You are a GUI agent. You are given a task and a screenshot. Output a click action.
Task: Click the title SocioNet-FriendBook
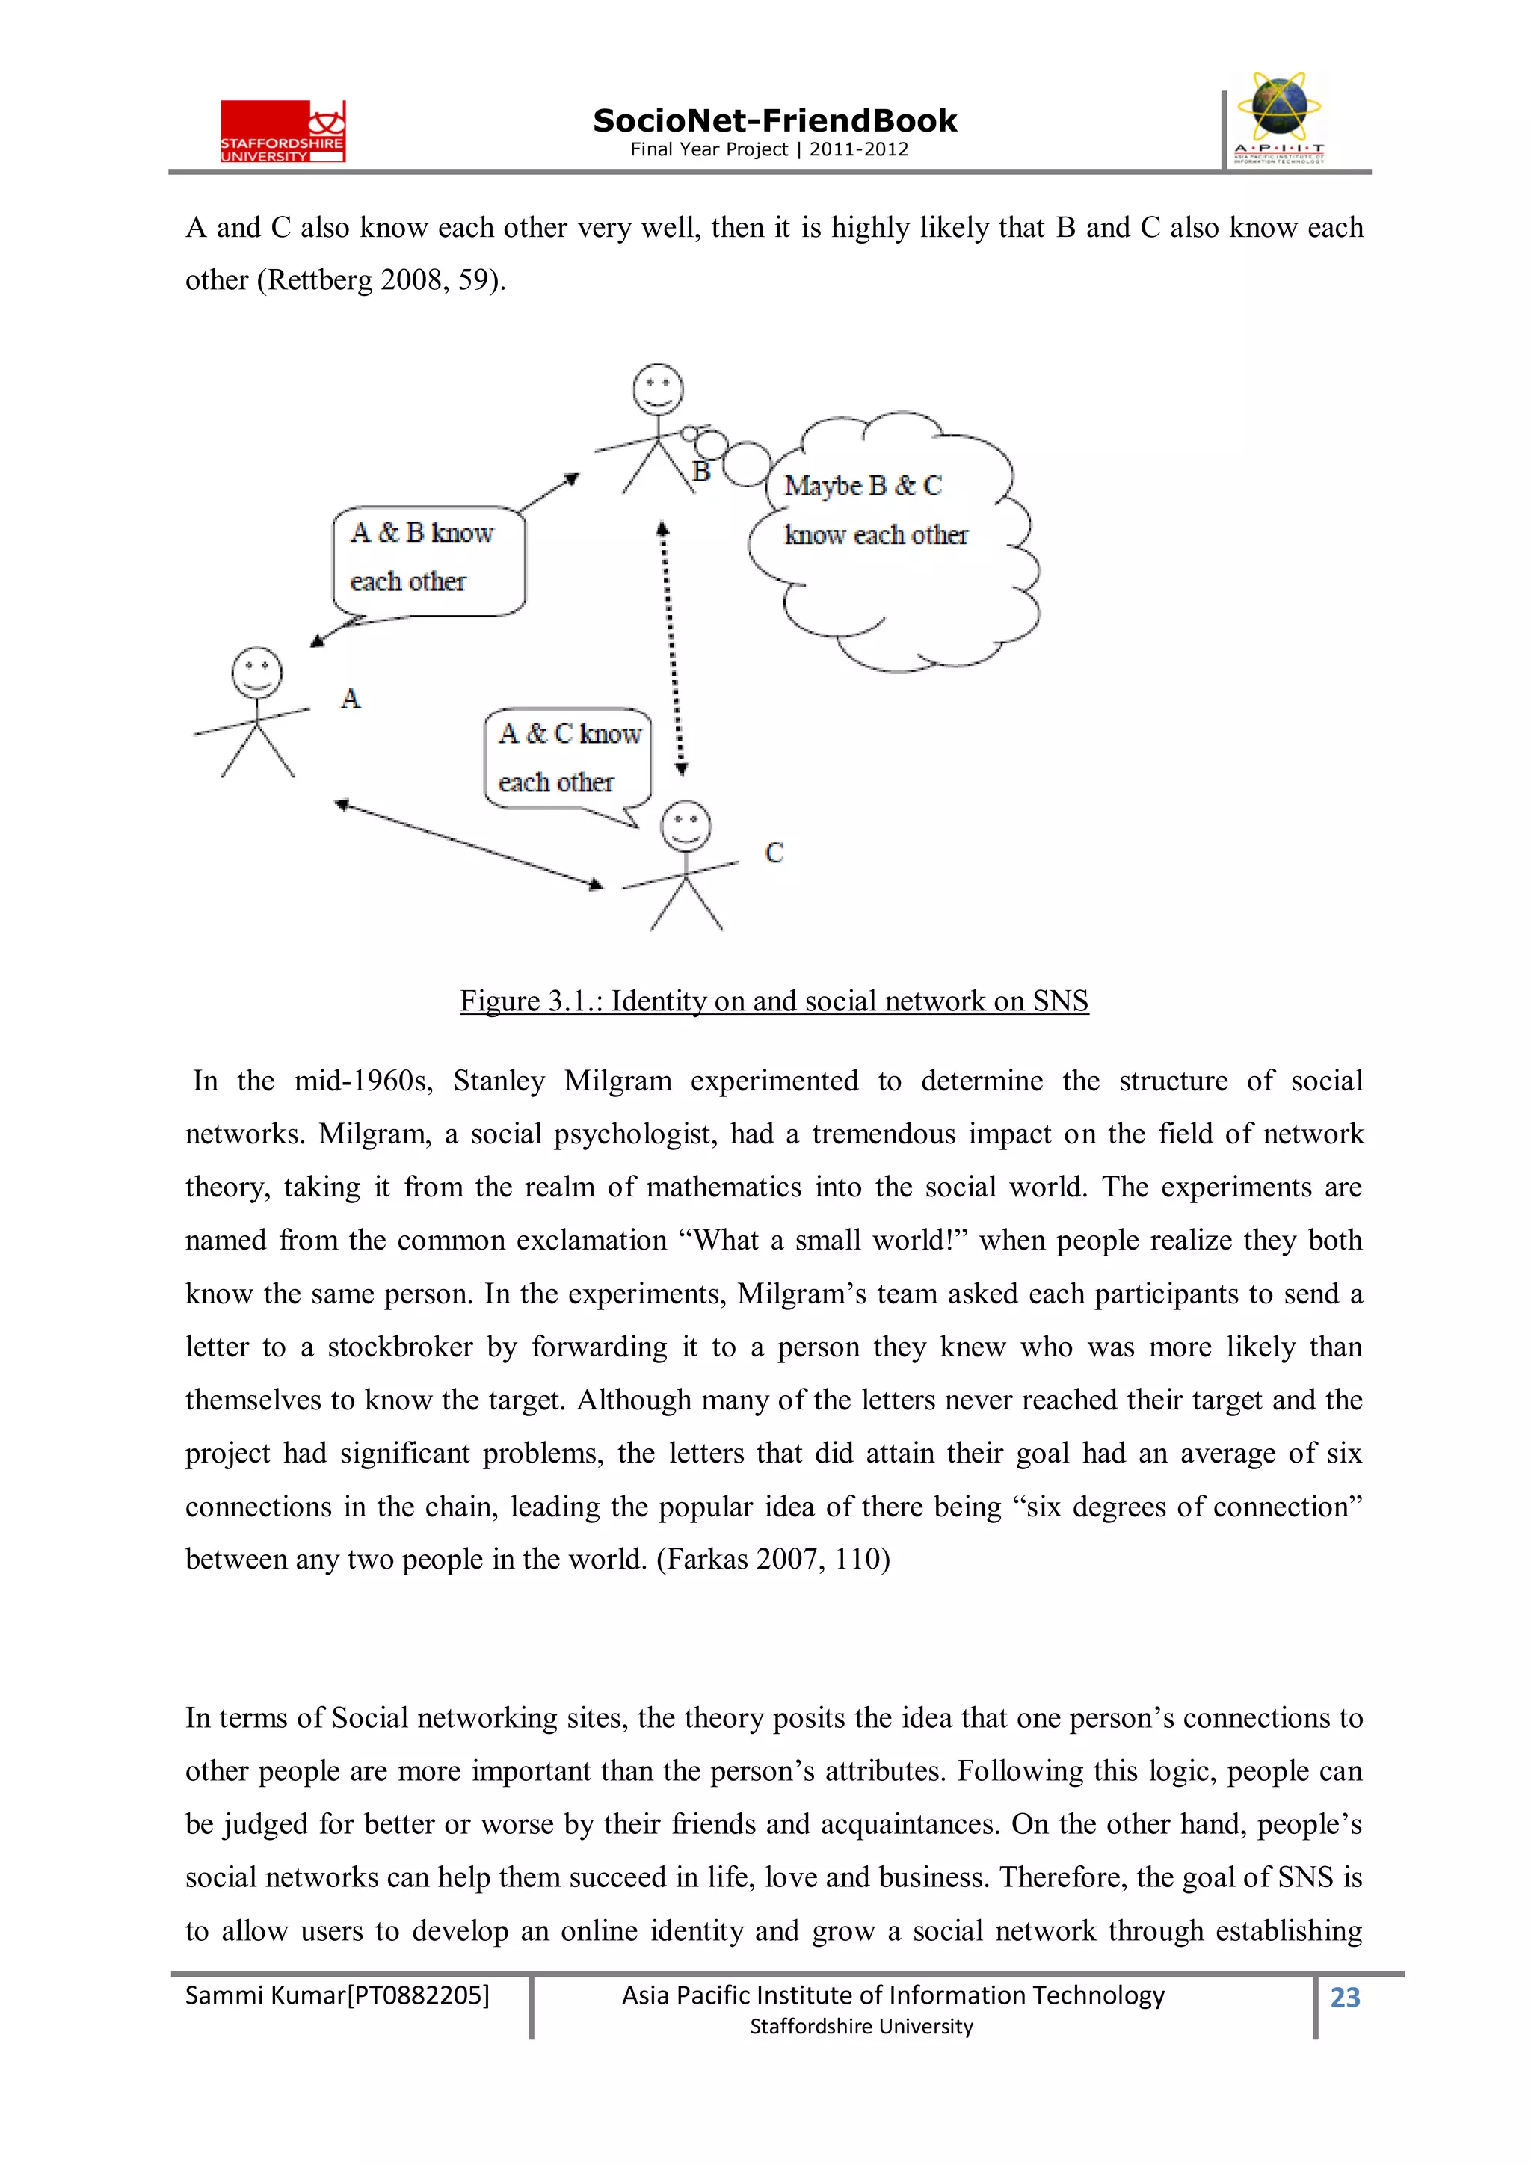tap(774, 121)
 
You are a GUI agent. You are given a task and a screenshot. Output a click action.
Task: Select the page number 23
tap(1344, 1996)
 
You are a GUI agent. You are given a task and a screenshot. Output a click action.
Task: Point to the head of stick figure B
tap(658, 389)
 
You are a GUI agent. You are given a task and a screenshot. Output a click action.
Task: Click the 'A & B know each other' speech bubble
tap(428, 559)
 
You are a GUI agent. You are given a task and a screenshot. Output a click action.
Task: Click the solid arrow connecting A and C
tap(469, 845)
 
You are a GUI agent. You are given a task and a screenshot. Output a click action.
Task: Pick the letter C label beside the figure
tap(774, 853)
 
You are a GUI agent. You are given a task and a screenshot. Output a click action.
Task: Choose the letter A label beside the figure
tap(351, 699)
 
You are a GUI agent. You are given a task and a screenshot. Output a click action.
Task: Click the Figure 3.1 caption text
tap(774, 1001)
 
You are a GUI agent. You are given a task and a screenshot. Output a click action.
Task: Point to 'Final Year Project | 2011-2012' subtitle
tap(768, 149)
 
